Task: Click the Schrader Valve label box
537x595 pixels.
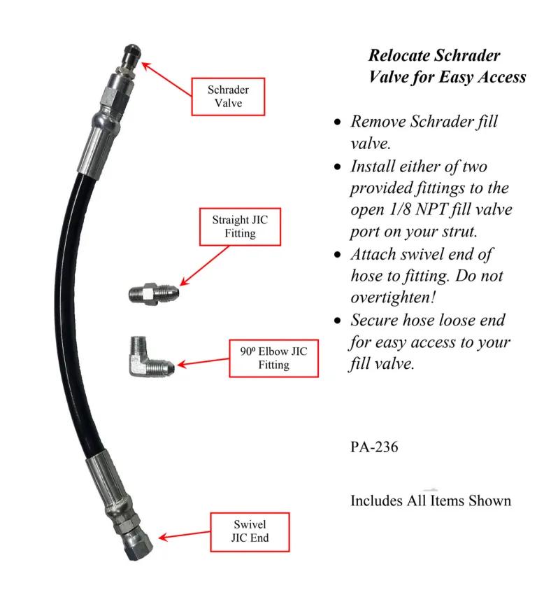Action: click(x=228, y=97)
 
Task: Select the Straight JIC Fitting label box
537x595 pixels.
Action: click(x=240, y=226)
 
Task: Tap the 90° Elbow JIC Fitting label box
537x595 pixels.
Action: click(x=273, y=358)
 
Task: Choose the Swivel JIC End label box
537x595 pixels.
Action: click(x=250, y=531)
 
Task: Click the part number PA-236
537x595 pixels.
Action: click(x=373, y=447)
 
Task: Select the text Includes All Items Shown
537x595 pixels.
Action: click(x=430, y=500)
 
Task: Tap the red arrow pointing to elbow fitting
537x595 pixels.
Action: click(x=203, y=363)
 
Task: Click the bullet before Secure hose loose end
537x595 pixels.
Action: click(x=338, y=321)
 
